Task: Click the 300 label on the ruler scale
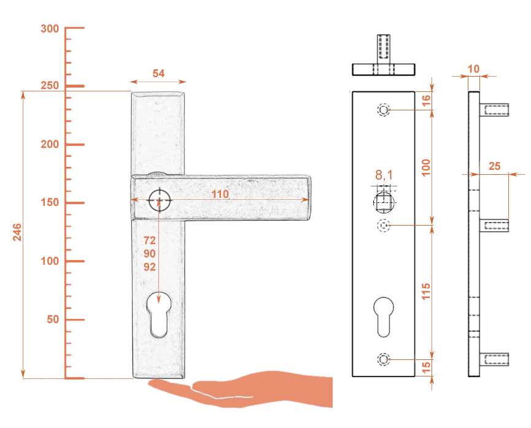(50, 29)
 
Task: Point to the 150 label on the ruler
(50, 202)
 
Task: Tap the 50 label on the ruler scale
(53, 319)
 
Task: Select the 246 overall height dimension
(17, 232)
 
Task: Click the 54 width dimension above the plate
(158, 74)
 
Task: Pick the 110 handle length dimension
(220, 194)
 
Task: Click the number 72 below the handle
(149, 240)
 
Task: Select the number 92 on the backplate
(149, 267)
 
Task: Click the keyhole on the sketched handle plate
(158, 315)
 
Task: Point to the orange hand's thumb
(163, 385)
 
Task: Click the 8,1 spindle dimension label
(384, 175)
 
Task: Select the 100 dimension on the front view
(425, 167)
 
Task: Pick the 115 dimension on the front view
(425, 291)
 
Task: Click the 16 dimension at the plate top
(426, 101)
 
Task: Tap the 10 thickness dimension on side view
(473, 69)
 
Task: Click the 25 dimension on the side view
(494, 166)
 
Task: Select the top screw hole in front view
(384, 110)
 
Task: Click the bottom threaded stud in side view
(494, 359)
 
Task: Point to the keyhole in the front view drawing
(384, 317)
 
